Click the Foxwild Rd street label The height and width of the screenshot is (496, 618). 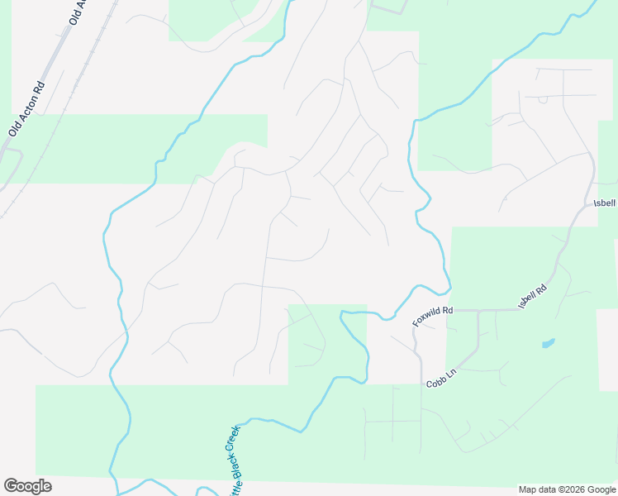pyautogui.click(x=434, y=316)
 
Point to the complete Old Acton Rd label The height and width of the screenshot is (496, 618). pyautogui.click(x=26, y=108)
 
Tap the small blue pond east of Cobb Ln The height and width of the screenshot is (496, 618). pyautogui.click(x=548, y=342)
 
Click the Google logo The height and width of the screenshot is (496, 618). pyautogui.click(x=27, y=486)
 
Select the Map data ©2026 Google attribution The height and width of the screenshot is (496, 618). pyautogui.click(x=566, y=489)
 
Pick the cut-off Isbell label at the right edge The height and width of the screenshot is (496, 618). pyautogui.click(x=605, y=203)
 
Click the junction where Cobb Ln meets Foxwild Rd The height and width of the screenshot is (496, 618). pyautogui.click(x=479, y=312)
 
